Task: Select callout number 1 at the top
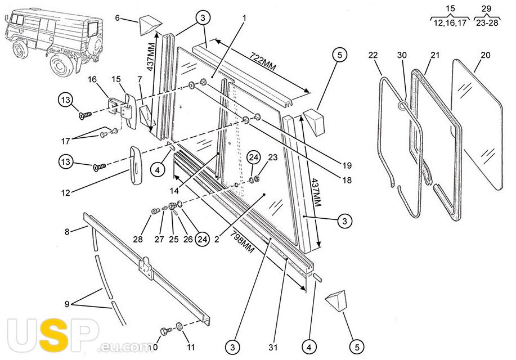coord(245,17)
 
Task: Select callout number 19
coord(346,165)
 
